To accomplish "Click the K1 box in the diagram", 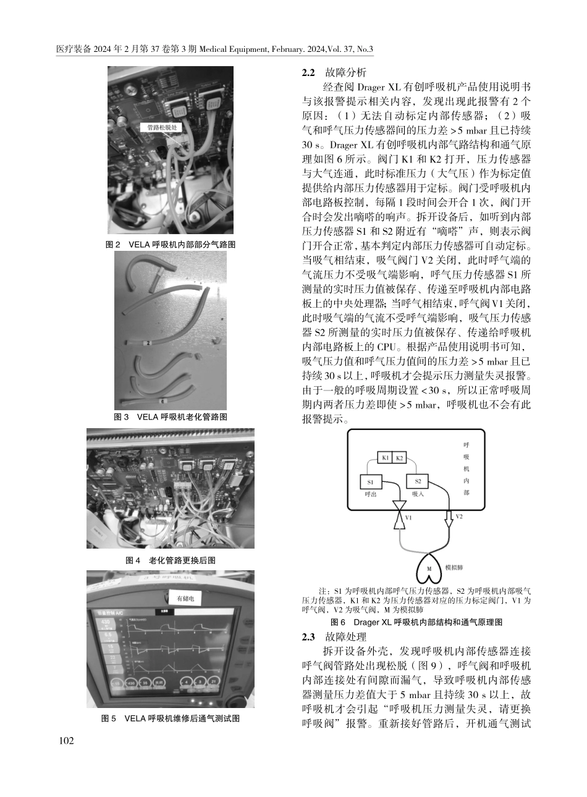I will pyautogui.click(x=384, y=458).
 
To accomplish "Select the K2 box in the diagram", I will pyautogui.click(x=399, y=458).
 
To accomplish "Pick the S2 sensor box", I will pyautogui.click(x=417, y=481).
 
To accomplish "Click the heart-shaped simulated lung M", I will pyautogui.click(x=429, y=573).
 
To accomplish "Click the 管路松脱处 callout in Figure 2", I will pyautogui.click(x=162, y=128).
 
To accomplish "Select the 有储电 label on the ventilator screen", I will pyautogui.click(x=185, y=598).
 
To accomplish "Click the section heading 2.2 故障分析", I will pyautogui.click(x=334, y=72).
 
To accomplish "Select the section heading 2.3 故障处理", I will pyautogui.click(x=334, y=636).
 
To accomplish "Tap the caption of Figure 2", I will pyautogui.click(x=171, y=245).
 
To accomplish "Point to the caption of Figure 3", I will pyautogui.click(x=171, y=417).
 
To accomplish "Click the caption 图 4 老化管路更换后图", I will pyautogui.click(x=171, y=560).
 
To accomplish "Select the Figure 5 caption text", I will pyautogui.click(x=171, y=719).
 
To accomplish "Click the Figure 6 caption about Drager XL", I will pyautogui.click(x=416, y=622).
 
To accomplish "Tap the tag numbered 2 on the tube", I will pyautogui.click(x=147, y=344).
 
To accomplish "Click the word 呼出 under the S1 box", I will pyautogui.click(x=370, y=494).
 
